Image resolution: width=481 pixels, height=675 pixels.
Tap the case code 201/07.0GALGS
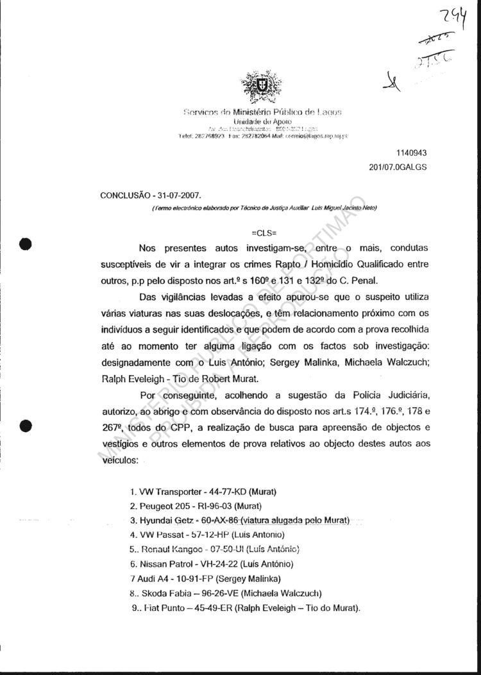tap(398, 167)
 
